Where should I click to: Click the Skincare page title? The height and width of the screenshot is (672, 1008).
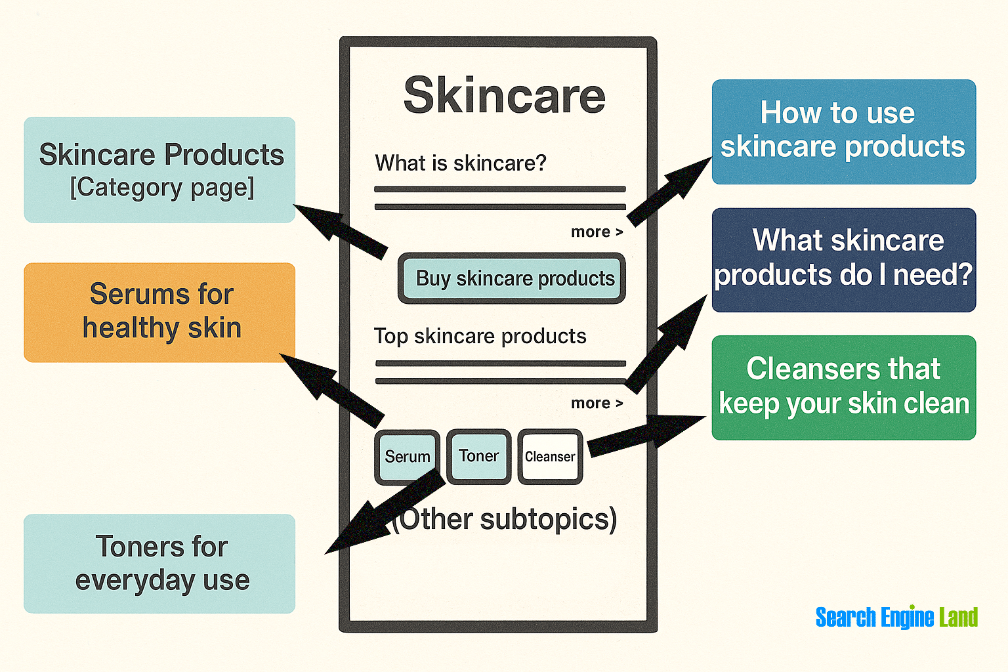point(505,95)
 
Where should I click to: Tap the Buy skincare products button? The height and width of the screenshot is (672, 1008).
point(512,278)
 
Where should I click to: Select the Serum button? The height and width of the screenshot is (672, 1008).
point(408,456)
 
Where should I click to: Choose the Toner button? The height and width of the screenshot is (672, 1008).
point(479,456)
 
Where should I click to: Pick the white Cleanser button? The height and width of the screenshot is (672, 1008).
point(550,456)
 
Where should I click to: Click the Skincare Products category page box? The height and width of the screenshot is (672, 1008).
point(159,170)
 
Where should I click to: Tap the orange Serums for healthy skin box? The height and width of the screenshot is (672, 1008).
point(159,312)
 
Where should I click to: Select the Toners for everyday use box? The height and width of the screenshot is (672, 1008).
point(159,564)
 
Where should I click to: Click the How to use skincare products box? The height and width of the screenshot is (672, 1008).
point(844,132)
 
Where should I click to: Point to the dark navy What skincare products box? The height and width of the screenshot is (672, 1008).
point(844,260)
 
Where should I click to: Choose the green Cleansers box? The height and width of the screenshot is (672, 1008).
point(844,388)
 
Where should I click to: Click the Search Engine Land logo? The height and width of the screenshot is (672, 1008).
point(896,617)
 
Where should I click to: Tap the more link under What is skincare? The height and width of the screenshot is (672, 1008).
point(597,232)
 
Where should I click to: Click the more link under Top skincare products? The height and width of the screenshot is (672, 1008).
point(597,403)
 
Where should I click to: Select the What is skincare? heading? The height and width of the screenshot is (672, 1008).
point(460,163)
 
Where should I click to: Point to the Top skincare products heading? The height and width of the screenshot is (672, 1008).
point(480,336)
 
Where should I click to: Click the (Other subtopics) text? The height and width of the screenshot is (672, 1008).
point(504,520)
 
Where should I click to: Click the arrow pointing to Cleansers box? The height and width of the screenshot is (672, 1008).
point(646,435)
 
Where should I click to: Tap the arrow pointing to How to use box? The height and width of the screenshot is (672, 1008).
point(669,191)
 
